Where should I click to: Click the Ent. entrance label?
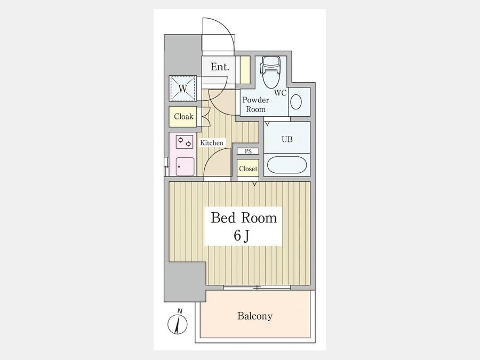point(220,67)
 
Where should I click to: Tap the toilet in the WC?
point(270,71)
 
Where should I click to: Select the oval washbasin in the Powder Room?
point(296,102)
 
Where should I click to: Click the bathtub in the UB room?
point(286,165)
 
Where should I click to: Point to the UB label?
point(287,139)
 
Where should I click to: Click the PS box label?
point(248,151)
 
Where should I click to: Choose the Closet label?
point(248,169)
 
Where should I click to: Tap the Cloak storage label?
point(183,116)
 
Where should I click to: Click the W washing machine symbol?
point(183,89)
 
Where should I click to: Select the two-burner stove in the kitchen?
point(185,142)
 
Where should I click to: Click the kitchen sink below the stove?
point(185,166)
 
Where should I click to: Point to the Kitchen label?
point(212,143)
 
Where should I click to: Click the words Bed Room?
point(244,218)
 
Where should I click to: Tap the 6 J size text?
point(242,235)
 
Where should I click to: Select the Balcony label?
point(255,316)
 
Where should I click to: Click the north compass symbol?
point(178,324)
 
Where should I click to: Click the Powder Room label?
point(255,105)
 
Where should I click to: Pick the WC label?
point(280,93)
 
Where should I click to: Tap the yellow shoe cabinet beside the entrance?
point(245,70)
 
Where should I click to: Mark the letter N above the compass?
point(180,311)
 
